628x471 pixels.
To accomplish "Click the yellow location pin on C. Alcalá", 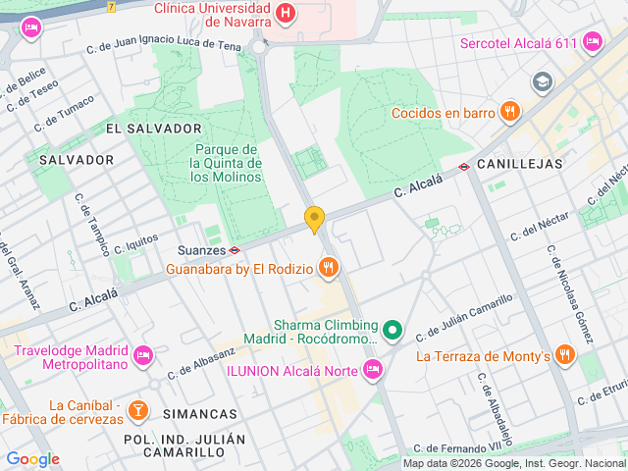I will click(314, 220).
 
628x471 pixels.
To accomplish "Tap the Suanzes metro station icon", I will click(235, 250).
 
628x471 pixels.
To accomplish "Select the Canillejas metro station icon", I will click(464, 166).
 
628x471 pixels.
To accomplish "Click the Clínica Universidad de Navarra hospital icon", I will click(285, 14).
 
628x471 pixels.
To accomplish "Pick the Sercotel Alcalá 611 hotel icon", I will click(591, 42).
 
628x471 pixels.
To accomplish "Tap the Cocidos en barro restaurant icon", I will click(508, 112).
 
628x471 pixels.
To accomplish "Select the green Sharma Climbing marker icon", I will click(392, 331).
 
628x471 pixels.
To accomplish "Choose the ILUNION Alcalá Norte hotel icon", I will click(371, 369).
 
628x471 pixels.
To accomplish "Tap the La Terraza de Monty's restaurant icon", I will click(564, 355).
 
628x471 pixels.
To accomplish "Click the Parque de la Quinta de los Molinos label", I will click(226, 163).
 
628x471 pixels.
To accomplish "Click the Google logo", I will click(32, 459).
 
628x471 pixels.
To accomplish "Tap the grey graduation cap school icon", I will click(541, 81).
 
